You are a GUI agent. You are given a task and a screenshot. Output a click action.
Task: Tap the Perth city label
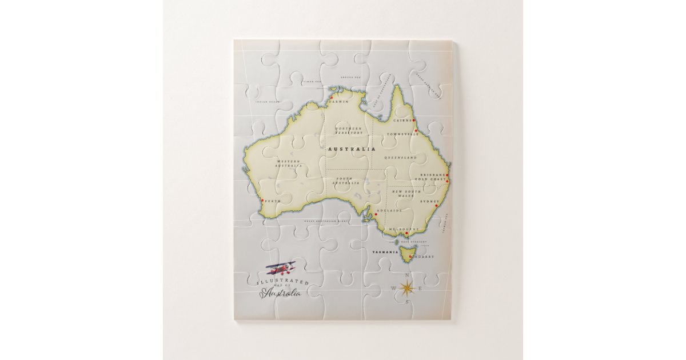click(273, 201)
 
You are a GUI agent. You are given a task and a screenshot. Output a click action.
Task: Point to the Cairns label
click(402, 121)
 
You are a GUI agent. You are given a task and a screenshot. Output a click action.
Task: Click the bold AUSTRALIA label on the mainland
click(352, 149)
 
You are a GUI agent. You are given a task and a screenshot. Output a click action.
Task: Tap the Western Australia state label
click(289, 163)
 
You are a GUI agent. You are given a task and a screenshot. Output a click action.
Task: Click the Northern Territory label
click(349, 131)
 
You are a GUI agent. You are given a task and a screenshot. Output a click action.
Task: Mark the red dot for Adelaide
click(376, 215)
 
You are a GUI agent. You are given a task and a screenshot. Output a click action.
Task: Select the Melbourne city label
click(404, 229)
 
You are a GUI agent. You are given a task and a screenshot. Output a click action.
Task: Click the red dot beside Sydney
click(436, 206)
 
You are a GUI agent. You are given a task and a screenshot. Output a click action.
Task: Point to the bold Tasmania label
click(385, 252)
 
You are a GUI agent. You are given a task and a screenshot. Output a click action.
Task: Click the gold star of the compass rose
click(406, 288)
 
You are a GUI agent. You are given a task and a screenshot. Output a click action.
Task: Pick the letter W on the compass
click(393, 288)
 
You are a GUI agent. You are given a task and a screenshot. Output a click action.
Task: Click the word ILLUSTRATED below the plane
click(284, 282)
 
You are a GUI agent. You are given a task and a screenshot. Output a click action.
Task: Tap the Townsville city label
click(402, 134)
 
